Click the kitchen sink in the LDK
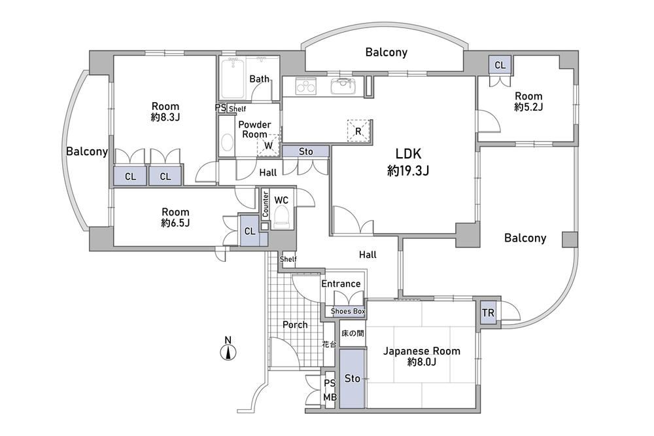click(x=343, y=86)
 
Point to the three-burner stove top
click(x=307, y=86)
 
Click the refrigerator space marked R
click(x=358, y=131)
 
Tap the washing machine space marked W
click(x=268, y=145)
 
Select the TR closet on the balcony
click(x=488, y=313)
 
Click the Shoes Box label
click(x=348, y=311)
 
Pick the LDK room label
click(x=408, y=154)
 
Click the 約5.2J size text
click(x=528, y=107)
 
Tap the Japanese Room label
click(x=422, y=351)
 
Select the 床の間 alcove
click(x=353, y=333)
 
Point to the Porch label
click(x=295, y=325)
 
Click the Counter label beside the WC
click(x=266, y=204)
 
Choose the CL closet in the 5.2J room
click(x=500, y=65)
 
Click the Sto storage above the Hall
click(x=305, y=151)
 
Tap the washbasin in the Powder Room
click(x=227, y=142)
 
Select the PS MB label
click(x=330, y=390)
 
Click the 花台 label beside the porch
click(x=329, y=344)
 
